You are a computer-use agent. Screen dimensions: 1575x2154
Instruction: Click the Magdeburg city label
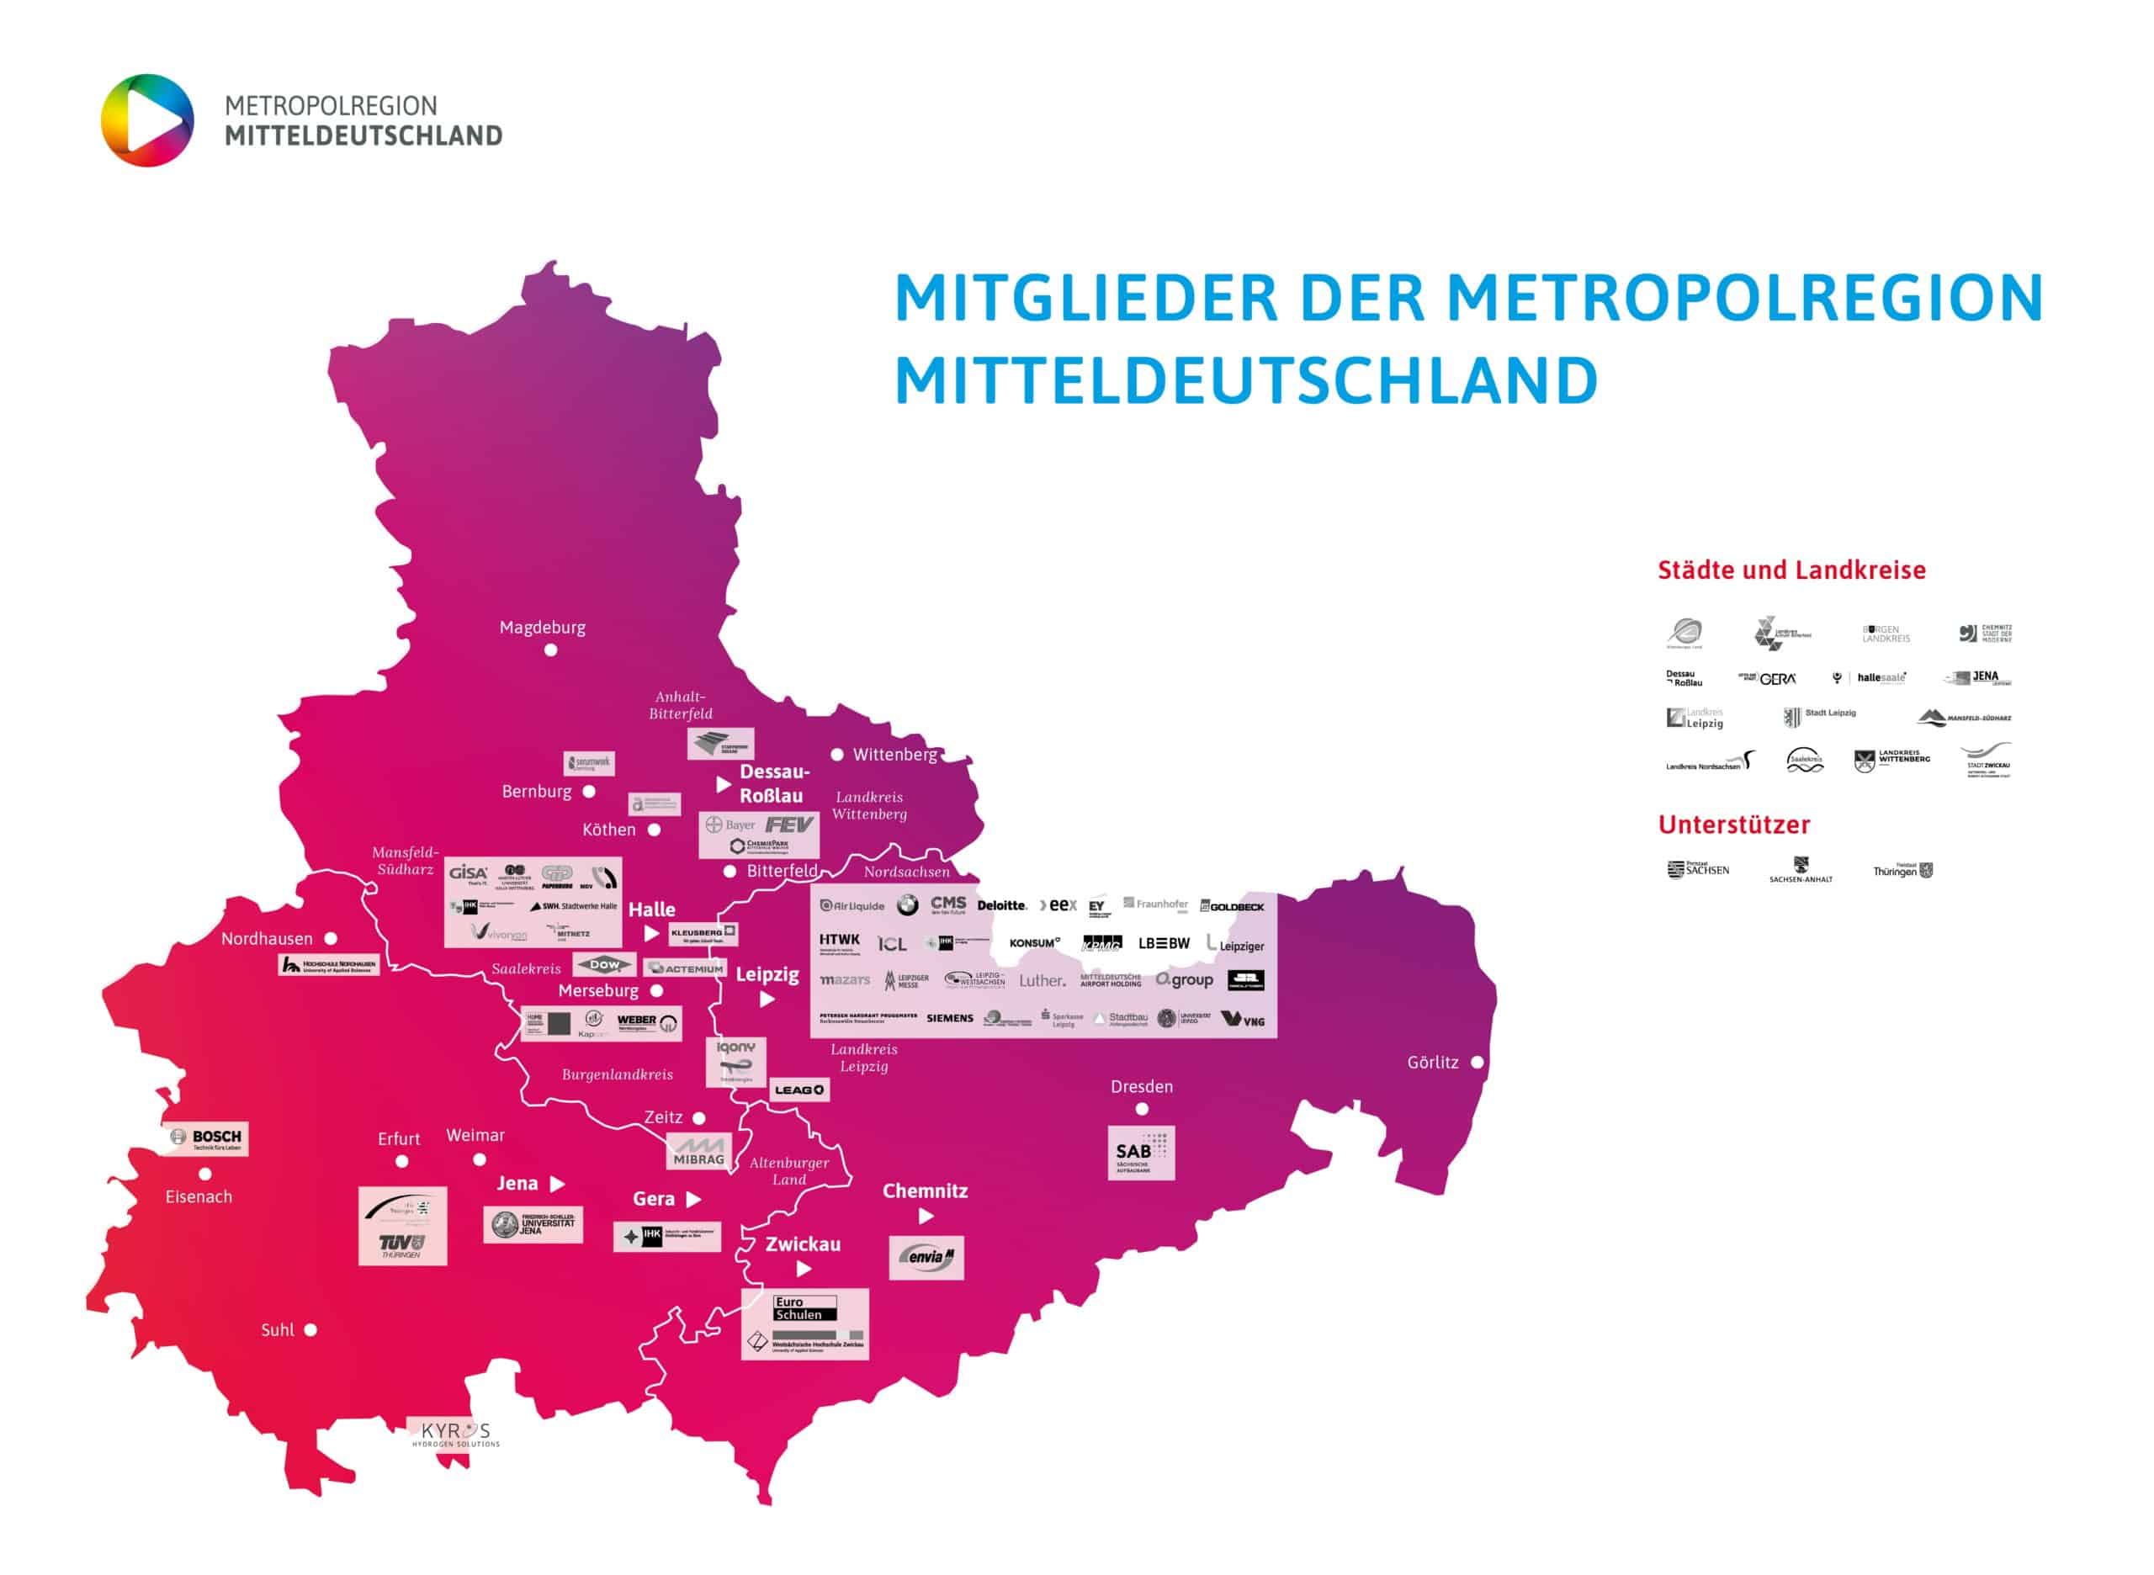(543, 628)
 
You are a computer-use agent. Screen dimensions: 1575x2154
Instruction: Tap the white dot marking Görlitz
(1477, 1062)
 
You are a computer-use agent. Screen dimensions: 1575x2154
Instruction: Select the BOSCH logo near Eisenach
(207, 1138)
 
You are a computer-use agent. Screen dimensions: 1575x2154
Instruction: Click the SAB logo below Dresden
(1140, 1153)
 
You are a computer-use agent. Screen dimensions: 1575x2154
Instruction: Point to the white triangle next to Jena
(558, 1184)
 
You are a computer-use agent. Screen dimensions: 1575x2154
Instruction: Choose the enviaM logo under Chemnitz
(926, 1258)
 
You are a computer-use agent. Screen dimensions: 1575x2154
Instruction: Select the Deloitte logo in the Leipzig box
(1001, 904)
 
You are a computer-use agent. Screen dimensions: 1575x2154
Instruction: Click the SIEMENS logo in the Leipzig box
(950, 1018)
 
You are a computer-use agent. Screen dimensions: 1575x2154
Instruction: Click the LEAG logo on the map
(799, 1090)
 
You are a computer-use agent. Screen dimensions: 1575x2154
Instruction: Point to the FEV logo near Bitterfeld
(788, 825)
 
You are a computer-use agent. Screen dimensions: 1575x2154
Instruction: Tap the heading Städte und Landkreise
(1791, 570)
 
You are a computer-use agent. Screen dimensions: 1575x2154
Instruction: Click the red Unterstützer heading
(1733, 825)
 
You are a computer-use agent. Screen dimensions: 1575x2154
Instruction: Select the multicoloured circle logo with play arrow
(148, 120)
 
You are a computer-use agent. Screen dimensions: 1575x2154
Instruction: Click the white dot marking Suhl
(310, 1330)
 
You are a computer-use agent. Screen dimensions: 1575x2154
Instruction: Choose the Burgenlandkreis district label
(617, 1074)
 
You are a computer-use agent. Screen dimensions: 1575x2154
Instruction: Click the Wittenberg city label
(894, 754)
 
